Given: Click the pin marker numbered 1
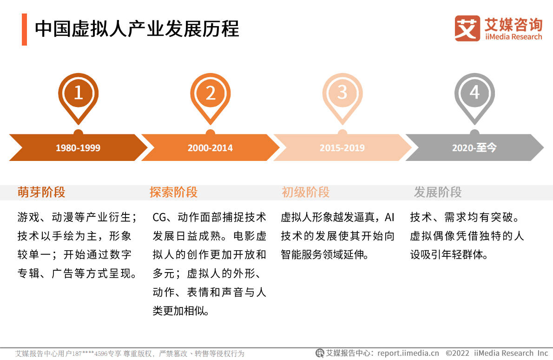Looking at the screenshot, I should click(78, 94).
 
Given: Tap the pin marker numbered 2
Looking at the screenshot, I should click(211, 94).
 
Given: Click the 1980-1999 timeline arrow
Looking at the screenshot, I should click(78, 148).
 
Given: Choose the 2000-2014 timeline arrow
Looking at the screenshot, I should click(210, 148).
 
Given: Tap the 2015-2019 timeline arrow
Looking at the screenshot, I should click(342, 148).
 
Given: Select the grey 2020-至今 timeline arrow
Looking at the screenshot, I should click(474, 148).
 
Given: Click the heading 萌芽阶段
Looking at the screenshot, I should click(41, 192).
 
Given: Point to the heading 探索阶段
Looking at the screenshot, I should click(173, 192).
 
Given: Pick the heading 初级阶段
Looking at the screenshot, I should click(305, 192).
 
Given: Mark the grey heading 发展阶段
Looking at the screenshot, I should click(438, 192).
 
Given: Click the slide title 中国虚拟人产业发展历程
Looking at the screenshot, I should click(137, 29).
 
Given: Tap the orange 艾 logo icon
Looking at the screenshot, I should click(467, 28).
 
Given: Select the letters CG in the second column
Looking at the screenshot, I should click(159, 217).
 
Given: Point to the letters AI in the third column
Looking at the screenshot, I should click(389, 217).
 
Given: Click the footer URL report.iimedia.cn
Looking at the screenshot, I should click(408, 353).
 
